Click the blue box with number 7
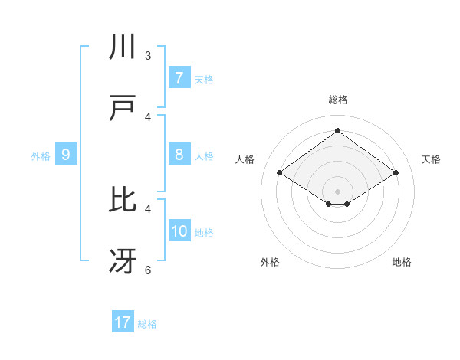(x=179, y=78)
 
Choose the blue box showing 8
(x=179, y=155)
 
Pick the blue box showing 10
(x=179, y=231)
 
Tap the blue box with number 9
(x=66, y=155)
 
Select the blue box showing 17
(x=123, y=322)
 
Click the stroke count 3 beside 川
(x=148, y=56)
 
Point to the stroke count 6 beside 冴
(x=148, y=270)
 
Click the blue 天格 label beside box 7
(x=204, y=79)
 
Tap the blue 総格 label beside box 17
(x=147, y=323)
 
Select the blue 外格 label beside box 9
(x=41, y=155)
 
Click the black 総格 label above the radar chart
(x=338, y=100)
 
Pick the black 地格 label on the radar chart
(x=402, y=262)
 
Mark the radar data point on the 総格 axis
(x=337, y=131)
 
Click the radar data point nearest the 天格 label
(x=396, y=173)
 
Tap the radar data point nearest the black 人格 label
(x=279, y=173)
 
